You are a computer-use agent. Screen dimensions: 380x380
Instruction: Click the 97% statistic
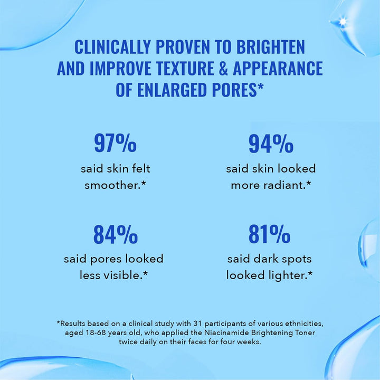tap(115, 143)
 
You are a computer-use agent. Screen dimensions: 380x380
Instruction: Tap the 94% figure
tap(271, 143)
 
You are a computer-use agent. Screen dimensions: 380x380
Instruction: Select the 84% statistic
tap(115, 234)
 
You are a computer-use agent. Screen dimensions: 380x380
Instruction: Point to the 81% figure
tap(270, 234)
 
